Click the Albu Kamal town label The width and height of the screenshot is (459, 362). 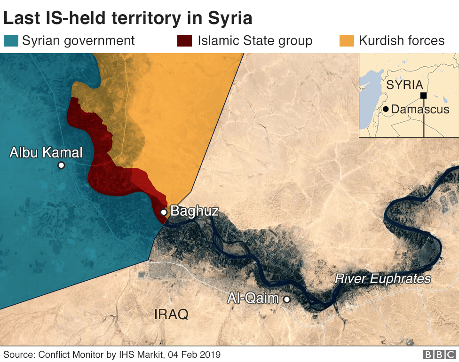coord(46,152)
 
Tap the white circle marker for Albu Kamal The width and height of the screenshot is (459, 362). coord(61,165)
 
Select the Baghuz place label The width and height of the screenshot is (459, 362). coord(194,211)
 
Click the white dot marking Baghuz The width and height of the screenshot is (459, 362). coord(164,212)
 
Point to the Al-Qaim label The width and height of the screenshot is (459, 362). coord(253,298)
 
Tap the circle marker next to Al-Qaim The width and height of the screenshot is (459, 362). coord(286,299)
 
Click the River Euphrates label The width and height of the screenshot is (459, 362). coord(382,279)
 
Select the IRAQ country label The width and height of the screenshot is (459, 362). coord(171,315)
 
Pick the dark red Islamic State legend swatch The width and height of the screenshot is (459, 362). coord(184,40)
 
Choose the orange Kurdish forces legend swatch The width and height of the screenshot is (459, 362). coord(347,40)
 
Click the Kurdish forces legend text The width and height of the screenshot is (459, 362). coord(401,40)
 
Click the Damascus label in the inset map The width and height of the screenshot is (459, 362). coord(420,110)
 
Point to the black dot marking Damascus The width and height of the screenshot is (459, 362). coord(386,109)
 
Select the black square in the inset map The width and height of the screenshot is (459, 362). coord(423,95)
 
